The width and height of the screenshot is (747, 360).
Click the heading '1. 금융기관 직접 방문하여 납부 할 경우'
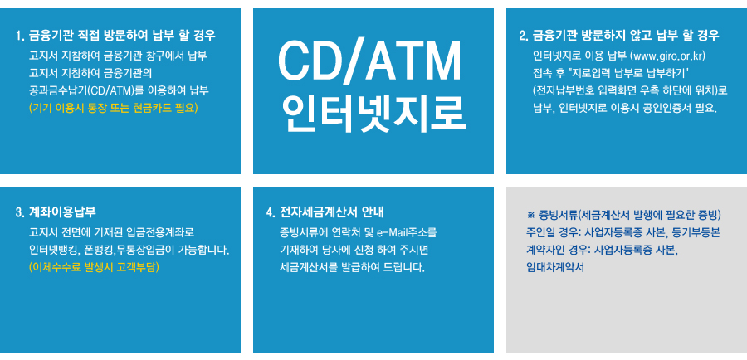[x=115, y=35]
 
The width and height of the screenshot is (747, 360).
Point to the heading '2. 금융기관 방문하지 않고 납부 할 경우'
[x=619, y=35]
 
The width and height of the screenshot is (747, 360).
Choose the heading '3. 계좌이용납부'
[x=56, y=212]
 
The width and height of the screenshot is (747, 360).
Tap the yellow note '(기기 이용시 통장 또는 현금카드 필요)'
[x=113, y=108]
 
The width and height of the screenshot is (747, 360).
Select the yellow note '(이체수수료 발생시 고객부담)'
[x=94, y=267]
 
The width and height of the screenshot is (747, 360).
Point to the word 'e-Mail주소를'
[x=407, y=233]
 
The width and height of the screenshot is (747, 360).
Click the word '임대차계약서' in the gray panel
[x=555, y=267]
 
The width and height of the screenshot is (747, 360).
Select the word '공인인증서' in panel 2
[x=669, y=108]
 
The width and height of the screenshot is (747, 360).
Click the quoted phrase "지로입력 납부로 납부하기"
[x=633, y=74]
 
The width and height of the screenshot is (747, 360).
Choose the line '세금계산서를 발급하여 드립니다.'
[x=353, y=267]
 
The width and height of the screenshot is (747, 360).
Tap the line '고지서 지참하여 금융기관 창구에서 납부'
[x=117, y=56]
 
